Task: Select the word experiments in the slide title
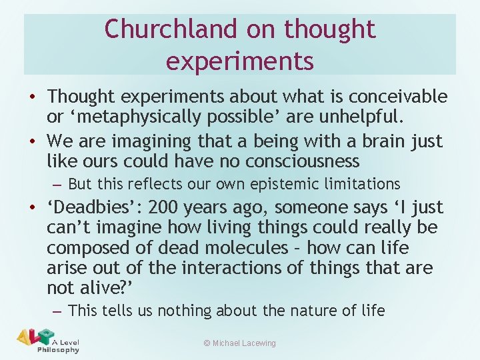click(239, 60)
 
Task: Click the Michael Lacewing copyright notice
click(239, 343)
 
